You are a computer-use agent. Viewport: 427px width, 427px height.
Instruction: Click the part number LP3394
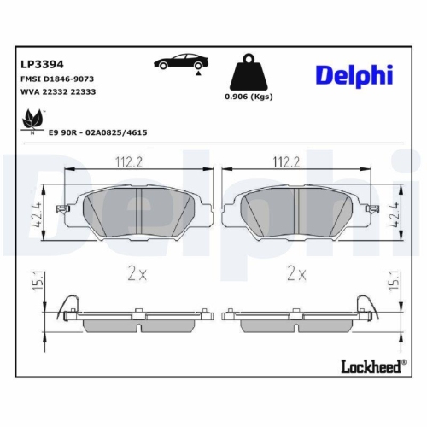(41, 62)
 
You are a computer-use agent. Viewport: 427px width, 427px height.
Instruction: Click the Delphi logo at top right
(354, 75)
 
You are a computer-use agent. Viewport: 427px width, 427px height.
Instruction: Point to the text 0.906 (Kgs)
(248, 97)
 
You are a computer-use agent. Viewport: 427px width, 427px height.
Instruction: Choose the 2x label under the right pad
(296, 274)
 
